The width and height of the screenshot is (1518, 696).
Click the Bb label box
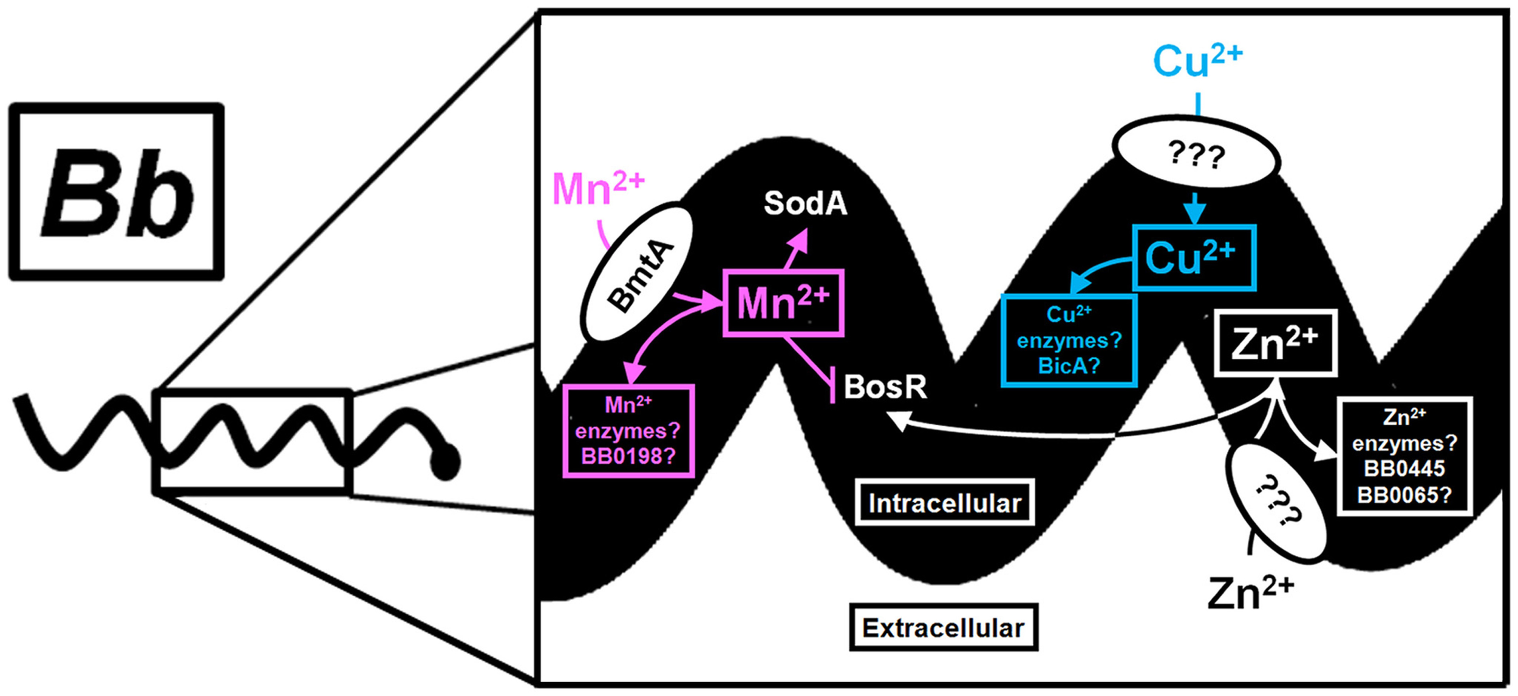(116, 192)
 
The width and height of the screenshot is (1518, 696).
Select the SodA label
(805, 203)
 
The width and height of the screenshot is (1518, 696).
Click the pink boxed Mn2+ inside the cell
(783, 303)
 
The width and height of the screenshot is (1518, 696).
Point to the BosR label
(885, 387)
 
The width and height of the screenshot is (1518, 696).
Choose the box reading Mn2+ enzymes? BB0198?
(628, 431)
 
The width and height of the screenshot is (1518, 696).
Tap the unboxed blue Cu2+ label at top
(1197, 61)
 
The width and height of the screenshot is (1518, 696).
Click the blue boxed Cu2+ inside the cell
(1193, 258)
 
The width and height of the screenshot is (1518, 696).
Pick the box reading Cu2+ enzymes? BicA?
(1069, 341)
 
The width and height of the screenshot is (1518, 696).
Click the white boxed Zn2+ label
(1275, 343)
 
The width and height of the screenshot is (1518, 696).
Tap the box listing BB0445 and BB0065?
(1404, 456)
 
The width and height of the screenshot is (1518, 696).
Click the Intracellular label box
(945, 502)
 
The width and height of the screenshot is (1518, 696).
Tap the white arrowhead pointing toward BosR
(899, 419)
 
